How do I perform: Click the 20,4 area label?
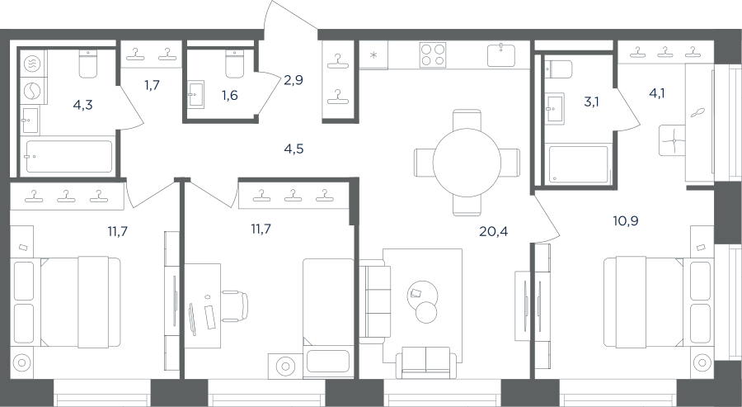(493, 231)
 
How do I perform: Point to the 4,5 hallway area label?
(294, 149)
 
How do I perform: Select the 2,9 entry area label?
(294, 80)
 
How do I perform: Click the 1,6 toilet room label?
(229, 95)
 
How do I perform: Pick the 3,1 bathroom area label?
(591, 102)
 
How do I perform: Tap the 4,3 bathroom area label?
(82, 105)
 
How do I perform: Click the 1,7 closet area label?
(152, 85)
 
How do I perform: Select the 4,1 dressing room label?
(657, 93)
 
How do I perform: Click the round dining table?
(467, 163)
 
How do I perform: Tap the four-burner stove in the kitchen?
(433, 55)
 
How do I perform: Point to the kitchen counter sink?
(501, 55)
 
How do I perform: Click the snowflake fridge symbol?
(373, 55)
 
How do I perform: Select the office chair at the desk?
(235, 306)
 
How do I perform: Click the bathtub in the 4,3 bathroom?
(69, 156)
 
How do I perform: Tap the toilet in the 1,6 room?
(234, 64)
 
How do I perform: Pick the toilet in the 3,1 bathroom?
(558, 69)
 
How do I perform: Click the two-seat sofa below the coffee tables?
(426, 362)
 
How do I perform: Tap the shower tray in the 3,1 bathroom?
(578, 165)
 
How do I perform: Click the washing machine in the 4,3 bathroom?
(33, 90)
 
